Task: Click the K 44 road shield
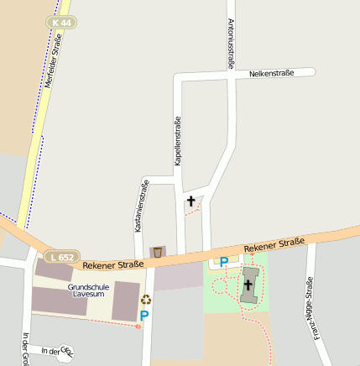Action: (60, 23)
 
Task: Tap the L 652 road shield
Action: (63, 256)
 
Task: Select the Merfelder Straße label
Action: (56, 60)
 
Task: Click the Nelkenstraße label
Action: (271, 74)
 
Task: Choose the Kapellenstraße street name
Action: (178, 140)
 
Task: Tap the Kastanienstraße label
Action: (137, 207)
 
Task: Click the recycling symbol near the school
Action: (146, 299)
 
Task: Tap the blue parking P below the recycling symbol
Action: (144, 316)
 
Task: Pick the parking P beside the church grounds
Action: (223, 262)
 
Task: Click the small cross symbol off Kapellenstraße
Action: (191, 201)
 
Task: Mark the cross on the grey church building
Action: (248, 286)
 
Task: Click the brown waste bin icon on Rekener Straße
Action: (157, 251)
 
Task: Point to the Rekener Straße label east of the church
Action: (274, 246)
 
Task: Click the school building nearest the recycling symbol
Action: (125, 301)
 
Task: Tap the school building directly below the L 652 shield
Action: (53, 270)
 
